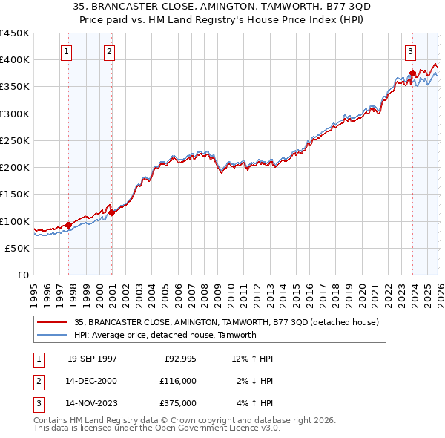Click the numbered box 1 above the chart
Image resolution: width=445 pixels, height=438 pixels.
click(x=67, y=51)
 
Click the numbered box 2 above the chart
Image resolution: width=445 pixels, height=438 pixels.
click(x=109, y=51)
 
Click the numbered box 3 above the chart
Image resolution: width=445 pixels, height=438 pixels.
click(x=410, y=51)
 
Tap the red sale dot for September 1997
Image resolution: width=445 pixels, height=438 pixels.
click(x=69, y=225)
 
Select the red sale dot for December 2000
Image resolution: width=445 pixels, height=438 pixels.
click(x=112, y=212)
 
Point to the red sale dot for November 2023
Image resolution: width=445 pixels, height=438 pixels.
click(x=412, y=73)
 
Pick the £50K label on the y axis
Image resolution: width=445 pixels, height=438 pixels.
click(x=18, y=248)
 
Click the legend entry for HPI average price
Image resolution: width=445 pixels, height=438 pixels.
click(x=165, y=335)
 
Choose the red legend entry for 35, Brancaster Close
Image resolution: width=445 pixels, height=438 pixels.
click(x=226, y=322)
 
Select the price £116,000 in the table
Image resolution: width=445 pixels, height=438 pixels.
click(x=177, y=381)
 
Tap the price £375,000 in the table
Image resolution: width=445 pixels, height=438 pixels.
click(x=177, y=403)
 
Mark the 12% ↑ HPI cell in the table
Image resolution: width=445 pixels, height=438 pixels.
click(x=252, y=359)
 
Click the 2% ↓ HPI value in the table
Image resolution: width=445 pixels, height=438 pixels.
click(x=254, y=381)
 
